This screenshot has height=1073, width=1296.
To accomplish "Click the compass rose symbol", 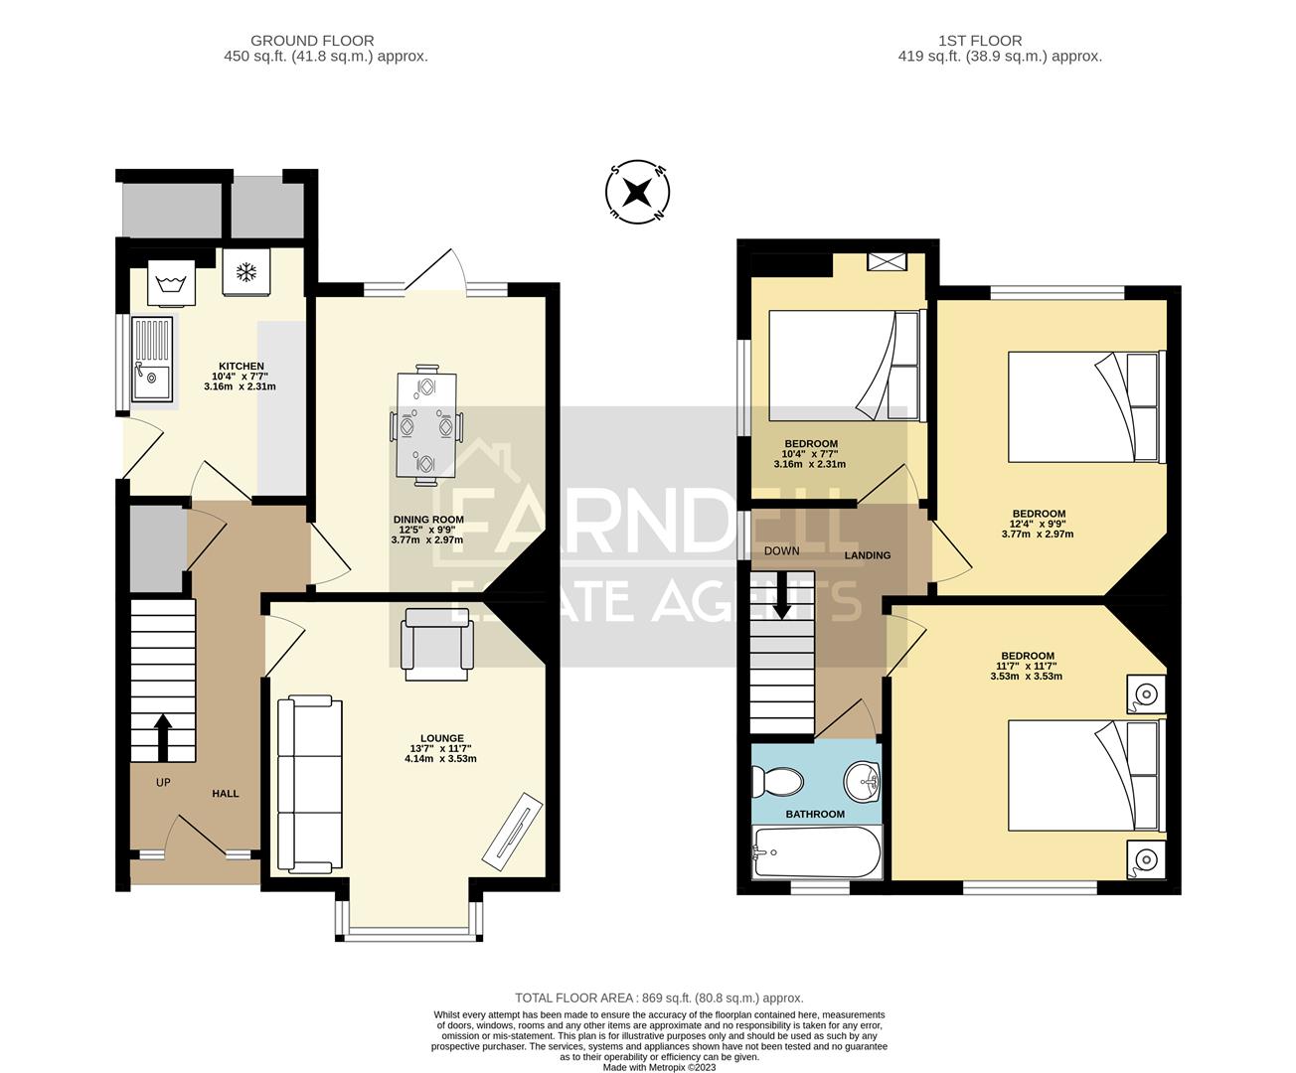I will pos(638,192).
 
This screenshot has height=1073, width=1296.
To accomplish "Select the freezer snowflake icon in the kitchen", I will pos(244,271).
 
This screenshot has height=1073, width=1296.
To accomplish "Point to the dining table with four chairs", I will pos(427,426).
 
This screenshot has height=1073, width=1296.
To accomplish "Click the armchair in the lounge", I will pos(437,644).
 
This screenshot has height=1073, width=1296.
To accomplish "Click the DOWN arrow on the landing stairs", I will pos(782,595).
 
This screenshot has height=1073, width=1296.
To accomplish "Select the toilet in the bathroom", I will pos(777,781).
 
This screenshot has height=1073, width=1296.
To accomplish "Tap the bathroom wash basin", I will pos(864,780).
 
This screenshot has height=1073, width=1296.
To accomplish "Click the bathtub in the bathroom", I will pos(817,852).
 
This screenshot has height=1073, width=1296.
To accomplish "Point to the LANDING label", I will pos(868,555).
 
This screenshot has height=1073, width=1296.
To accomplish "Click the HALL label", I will pos(225,794).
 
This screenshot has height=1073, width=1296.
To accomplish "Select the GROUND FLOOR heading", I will pos(312,41).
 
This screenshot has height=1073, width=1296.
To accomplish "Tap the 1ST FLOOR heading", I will pos(979,41).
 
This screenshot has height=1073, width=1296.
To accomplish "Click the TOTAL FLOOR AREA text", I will pos(658,997).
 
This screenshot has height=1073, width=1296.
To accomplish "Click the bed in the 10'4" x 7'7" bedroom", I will pos(846,365).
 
